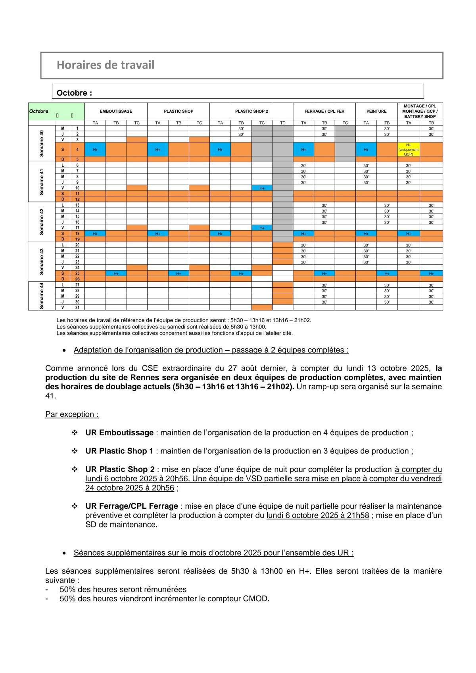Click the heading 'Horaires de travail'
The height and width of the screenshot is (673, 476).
pos(106,65)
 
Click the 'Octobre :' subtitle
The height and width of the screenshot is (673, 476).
pos(74,93)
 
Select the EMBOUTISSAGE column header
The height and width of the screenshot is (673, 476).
pos(116,112)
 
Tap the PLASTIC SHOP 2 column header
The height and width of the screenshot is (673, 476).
pos(251,112)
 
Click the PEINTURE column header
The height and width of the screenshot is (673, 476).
pos(376,112)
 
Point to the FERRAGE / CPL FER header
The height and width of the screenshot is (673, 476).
pos(324,112)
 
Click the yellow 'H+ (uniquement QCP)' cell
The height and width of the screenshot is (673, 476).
pos(408,150)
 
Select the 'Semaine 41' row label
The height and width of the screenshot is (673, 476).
pos(42,182)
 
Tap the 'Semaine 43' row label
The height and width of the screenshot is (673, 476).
pos(42,262)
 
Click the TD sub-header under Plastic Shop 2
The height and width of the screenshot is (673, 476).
pos(283,123)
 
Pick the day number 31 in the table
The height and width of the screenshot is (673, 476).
pos(77,308)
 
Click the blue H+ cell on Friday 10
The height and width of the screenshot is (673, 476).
pos(262,188)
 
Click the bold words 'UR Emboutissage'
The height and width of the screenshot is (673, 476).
pos(119,433)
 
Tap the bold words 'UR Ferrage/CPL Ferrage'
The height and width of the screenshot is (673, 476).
pos(131,506)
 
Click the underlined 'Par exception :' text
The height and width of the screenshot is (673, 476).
pos(72,414)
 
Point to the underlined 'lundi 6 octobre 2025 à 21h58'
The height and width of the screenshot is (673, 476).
pos(318,515)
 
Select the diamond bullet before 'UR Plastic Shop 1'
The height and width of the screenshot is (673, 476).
pos(75,451)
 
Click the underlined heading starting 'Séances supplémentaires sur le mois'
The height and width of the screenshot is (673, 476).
pos(213,553)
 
